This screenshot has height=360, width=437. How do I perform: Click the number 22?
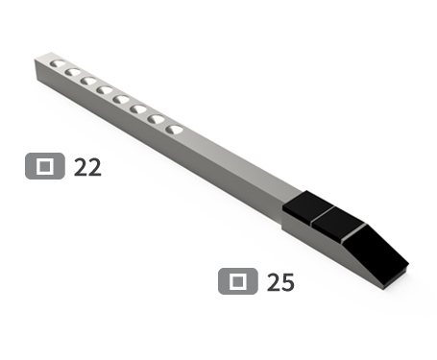pyautogui.click(x=87, y=167)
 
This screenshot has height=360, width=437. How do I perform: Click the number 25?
pyautogui.click(x=280, y=282)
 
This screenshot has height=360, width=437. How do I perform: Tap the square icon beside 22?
pyautogui.click(x=44, y=167)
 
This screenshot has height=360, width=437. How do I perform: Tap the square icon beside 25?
pyautogui.click(x=237, y=281)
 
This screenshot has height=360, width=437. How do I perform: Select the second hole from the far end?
pyautogui.click(x=73, y=73)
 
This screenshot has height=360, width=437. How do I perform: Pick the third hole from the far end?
pyautogui.click(x=88, y=82)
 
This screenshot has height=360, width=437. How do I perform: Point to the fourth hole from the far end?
pyautogui.click(x=105, y=90)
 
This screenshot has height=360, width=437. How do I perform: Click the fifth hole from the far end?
pyautogui.click(x=121, y=98)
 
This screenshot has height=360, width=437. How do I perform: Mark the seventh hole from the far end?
pyautogui.click(x=155, y=118)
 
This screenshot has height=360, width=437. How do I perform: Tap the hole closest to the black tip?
pyautogui.click(x=173, y=128)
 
